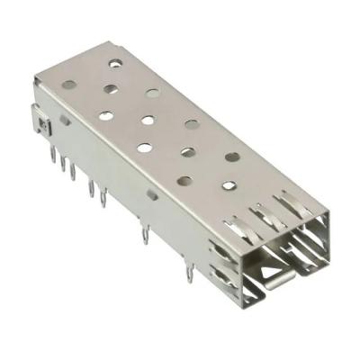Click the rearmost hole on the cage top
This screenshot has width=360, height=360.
tap(115, 63)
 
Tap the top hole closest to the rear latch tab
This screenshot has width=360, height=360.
tap(69, 85)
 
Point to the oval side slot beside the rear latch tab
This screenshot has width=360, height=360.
tap(66, 120)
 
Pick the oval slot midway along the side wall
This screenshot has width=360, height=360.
tap(152, 193)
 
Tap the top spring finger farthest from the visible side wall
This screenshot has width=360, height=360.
tap(290, 203)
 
